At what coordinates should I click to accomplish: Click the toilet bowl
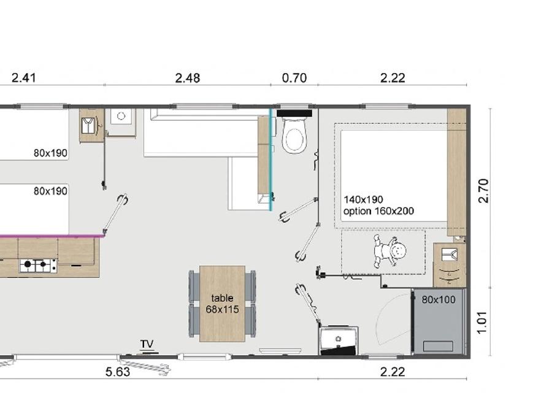[294, 136]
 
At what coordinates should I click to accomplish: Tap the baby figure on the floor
[389, 251]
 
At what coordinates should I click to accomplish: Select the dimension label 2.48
[188, 78]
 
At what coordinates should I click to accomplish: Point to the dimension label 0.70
[294, 78]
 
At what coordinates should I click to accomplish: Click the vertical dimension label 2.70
[484, 191]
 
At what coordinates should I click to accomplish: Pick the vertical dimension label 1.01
[482, 322]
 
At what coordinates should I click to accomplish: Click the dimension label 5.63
[118, 372]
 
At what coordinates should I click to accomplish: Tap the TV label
[147, 344]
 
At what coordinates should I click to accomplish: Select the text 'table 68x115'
[222, 304]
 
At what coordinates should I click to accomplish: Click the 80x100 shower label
[439, 299]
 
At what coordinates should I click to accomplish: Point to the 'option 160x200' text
[378, 211]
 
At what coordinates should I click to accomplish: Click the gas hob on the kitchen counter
[39, 265]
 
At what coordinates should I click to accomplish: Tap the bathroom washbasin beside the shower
[339, 339]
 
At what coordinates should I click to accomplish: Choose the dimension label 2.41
[23, 78]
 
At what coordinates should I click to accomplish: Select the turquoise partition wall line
[270, 159]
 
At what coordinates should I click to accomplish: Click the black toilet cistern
[294, 113]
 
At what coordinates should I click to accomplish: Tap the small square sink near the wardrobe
[121, 116]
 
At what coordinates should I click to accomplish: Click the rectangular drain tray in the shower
[439, 346]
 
